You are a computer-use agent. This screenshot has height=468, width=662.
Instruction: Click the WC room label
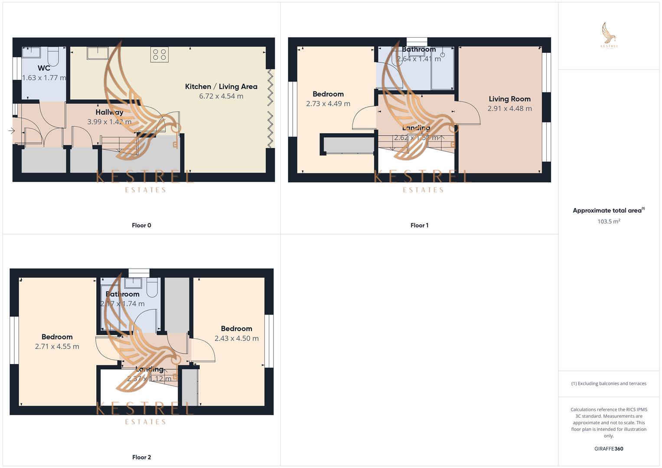point(44,68)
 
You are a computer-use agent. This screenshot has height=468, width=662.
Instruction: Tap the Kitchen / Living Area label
point(221,87)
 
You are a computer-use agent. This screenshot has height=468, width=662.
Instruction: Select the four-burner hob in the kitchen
point(160,55)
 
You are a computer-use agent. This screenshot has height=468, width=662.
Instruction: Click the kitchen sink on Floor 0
point(98,53)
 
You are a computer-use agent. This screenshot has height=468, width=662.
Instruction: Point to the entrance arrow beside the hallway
point(11,130)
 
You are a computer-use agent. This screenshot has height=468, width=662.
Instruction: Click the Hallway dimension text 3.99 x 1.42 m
point(109,122)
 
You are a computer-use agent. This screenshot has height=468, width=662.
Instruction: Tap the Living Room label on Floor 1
point(509,99)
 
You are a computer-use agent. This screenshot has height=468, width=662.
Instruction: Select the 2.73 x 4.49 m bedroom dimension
point(328,104)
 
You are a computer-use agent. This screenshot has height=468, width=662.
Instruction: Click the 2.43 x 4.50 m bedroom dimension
point(236,338)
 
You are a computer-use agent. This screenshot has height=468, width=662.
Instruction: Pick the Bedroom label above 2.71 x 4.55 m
point(57,337)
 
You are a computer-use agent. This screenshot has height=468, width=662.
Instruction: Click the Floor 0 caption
point(141,225)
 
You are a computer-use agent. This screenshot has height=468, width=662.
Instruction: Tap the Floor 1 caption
point(419,225)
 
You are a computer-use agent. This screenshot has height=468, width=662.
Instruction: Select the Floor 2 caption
point(141,457)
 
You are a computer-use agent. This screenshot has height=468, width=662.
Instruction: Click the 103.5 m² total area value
point(609,221)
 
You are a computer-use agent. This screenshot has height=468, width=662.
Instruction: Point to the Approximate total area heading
point(608,211)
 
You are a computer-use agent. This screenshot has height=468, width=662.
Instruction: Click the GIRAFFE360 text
point(609,449)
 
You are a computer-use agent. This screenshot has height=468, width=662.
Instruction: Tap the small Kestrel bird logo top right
point(609,35)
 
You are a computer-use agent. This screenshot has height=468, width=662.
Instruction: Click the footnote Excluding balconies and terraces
point(609,383)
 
